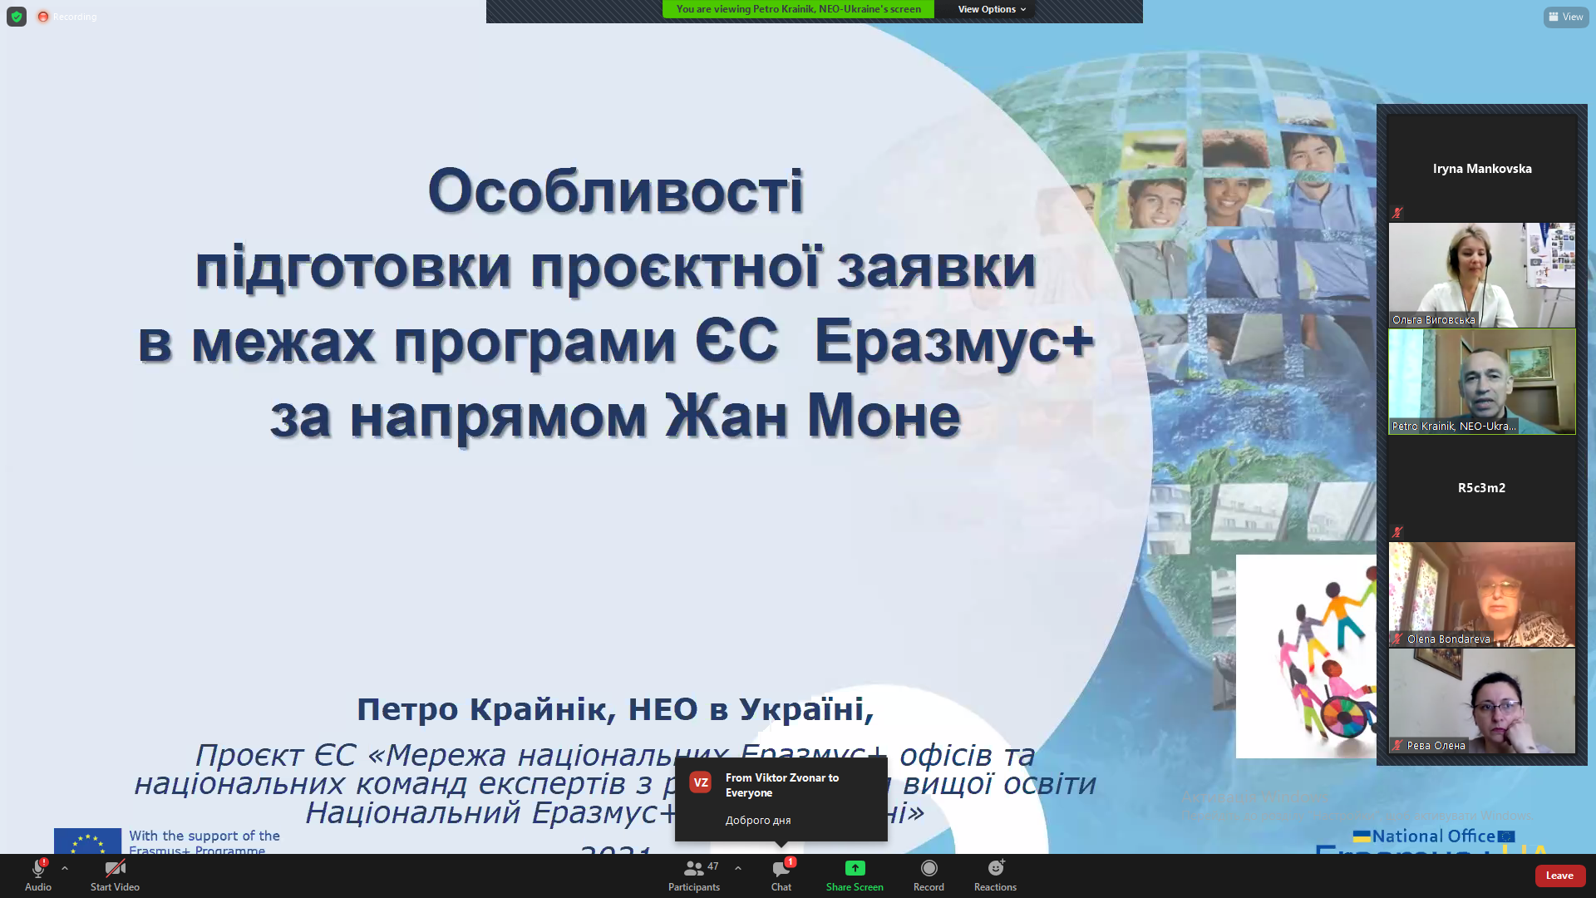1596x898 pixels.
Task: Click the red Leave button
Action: coord(1559,876)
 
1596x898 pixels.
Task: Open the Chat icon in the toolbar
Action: coord(781,870)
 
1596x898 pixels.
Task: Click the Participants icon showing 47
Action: coord(694,870)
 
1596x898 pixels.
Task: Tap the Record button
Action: coord(929,870)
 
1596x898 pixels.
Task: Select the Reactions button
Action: coord(995,870)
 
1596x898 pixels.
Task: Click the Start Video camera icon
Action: coord(115,870)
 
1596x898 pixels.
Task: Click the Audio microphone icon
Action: coord(37,870)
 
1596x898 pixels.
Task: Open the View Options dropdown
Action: coord(991,9)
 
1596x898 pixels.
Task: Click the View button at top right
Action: coord(1566,17)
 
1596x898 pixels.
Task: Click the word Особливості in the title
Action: coord(615,191)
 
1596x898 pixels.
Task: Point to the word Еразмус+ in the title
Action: coord(953,341)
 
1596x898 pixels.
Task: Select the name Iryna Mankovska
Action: coord(1481,169)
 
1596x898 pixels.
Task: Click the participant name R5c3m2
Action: coord(1481,488)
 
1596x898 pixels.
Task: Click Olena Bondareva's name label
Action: coord(1448,639)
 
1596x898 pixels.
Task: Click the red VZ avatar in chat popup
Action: coord(701,782)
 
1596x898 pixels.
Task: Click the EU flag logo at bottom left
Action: coord(87,841)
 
